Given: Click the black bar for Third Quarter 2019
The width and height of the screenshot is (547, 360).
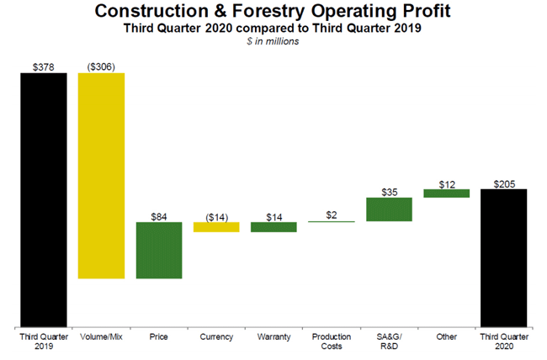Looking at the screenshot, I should pos(44,199).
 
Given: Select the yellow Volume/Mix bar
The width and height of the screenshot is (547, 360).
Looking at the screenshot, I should pos(101,175).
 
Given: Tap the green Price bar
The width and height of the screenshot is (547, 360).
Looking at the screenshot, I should pos(159,250).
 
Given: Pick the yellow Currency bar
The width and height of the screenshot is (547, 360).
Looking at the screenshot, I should pos(216,227).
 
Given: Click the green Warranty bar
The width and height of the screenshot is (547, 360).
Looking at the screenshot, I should pos(273,227).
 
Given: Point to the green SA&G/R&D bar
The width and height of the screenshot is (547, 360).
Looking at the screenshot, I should pos(389,209).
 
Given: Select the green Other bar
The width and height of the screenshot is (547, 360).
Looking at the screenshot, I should pos(446,193).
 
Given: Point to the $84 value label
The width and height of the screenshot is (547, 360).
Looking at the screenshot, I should pos(159,216).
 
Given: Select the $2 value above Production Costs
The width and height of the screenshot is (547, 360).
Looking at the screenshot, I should pos(332,215).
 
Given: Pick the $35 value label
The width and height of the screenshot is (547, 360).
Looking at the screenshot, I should pos(389,192).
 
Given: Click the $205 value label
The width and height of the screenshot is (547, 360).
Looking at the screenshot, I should pos(503,183).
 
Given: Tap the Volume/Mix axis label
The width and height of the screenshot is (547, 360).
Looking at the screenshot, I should pos(101,337).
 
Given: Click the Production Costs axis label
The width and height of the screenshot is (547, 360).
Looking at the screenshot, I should pos(332,341).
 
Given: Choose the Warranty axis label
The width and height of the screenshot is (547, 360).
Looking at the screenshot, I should pos(273,337).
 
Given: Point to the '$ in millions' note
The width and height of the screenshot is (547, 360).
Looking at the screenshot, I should pos(273,42).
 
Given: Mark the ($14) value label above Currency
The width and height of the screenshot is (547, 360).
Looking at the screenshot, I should pos(216,216).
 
